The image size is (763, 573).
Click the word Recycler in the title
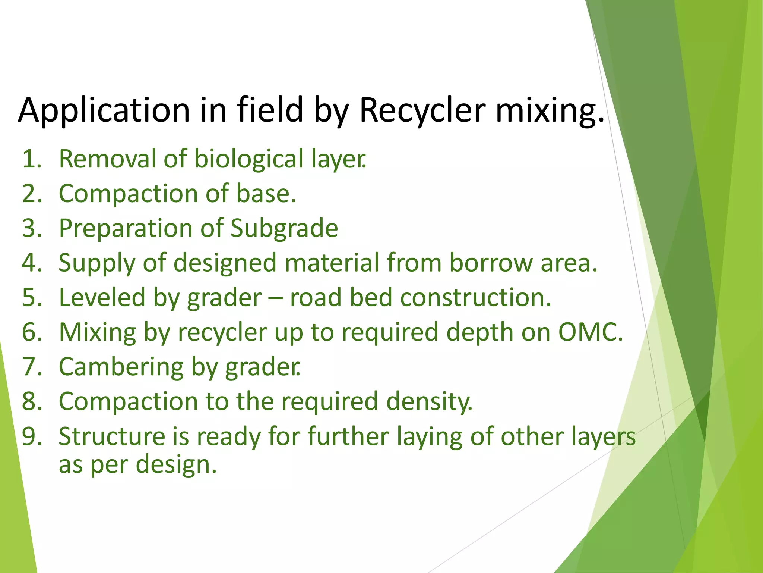coord(422,110)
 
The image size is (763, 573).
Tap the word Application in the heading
coord(104,110)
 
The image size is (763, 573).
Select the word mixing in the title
coord(550,110)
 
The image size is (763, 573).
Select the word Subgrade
coord(284,228)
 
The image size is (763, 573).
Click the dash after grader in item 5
coord(276,298)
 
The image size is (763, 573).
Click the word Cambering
coord(121,367)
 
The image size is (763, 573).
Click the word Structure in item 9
coord(112,436)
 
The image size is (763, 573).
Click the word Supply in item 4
coord(96,263)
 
